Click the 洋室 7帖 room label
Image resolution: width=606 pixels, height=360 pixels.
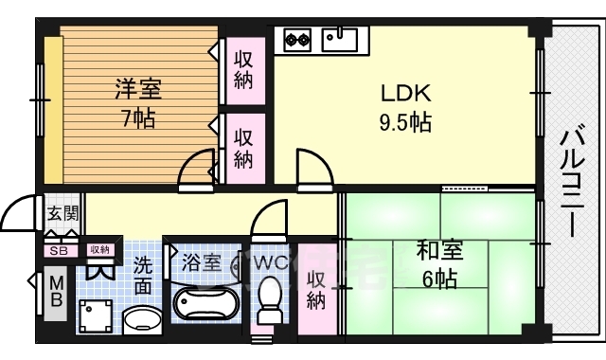138,103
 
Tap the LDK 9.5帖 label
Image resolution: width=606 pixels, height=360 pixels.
405,108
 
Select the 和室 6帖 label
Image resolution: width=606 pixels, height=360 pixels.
439,264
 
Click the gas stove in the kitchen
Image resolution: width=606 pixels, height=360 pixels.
298,40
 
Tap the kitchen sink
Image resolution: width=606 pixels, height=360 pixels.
340,39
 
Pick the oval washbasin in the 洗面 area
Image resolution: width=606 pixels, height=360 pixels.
141,320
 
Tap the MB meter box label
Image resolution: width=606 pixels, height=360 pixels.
57,292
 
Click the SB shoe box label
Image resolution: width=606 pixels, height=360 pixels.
59,251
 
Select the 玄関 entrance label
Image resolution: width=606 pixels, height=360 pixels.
63,213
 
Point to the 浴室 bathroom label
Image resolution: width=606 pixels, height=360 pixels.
201,262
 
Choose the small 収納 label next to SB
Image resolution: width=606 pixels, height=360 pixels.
100,250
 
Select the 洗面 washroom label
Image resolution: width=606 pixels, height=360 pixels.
143,276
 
